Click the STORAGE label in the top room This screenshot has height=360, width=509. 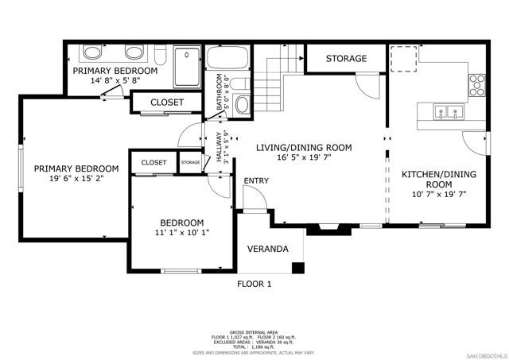coord(346,59)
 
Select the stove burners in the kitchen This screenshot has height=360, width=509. coord(477,83)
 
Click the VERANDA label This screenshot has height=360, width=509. coord(267,250)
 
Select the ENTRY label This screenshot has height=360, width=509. coord(256,181)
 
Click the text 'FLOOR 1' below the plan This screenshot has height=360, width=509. coord(254,284)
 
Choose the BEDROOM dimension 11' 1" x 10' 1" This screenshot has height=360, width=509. coord(182,234)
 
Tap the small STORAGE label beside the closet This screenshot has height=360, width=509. coord(191,162)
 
